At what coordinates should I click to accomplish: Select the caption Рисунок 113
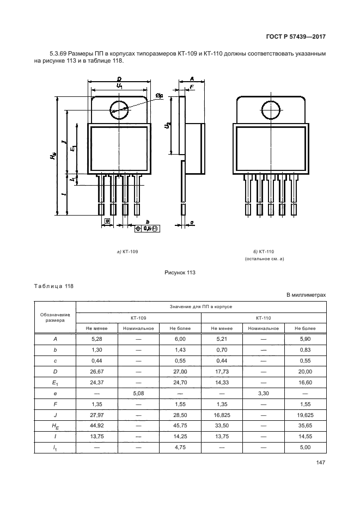click(x=179, y=273)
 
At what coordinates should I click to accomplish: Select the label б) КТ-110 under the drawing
click(x=264, y=252)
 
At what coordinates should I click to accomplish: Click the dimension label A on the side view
click(x=192, y=79)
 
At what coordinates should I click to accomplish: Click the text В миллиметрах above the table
click(x=306, y=295)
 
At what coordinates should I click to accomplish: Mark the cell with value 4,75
click(x=180, y=447)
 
